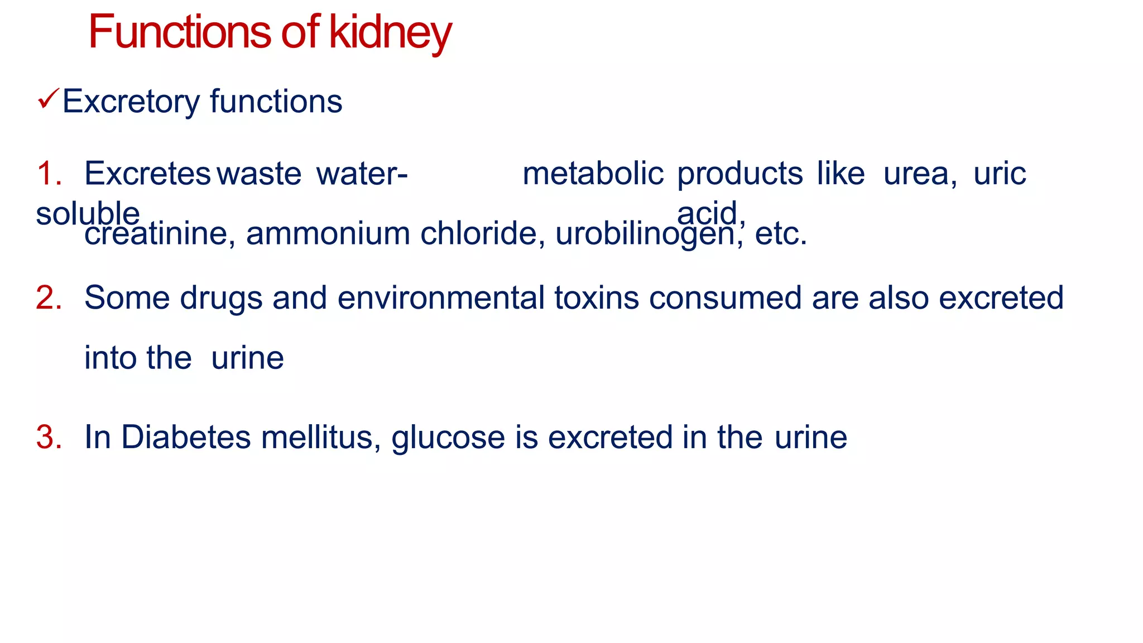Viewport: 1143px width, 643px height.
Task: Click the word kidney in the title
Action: [x=390, y=33]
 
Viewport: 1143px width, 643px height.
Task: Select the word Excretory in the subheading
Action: [x=131, y=102]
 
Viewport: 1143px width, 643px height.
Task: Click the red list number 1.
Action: [x=49, y=174]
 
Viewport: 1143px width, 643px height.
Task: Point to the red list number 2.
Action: [x=49, y=297]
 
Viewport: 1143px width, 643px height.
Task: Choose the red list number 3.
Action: [x=49, y=437]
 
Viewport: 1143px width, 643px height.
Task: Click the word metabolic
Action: [x=593, y=174]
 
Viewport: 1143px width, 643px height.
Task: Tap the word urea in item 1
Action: [x=919, y=174]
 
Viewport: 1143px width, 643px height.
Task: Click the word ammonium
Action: [x=328, y=234]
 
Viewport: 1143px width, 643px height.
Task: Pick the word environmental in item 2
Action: [x=441, y=297]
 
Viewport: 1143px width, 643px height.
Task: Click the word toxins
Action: [x=597, y=297]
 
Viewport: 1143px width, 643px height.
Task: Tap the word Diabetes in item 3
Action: [x=186, y=437]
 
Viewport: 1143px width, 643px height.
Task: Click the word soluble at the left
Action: [x=88, y=214]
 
